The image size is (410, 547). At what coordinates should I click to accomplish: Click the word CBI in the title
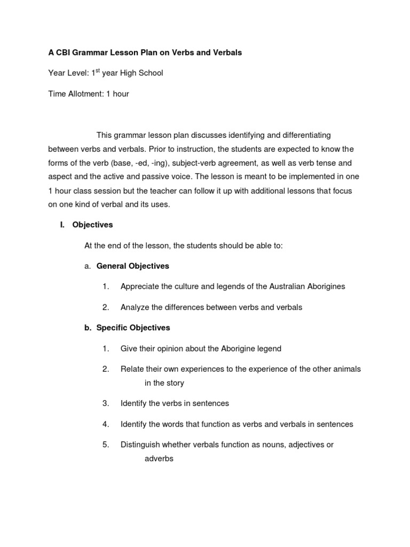click(65, 52)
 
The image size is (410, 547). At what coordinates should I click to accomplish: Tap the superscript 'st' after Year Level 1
click(97, 71)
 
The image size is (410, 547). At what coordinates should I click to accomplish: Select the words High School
click(144, 73)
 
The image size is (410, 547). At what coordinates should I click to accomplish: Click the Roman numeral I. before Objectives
click(62, 225)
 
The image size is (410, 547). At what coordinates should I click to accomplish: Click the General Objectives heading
click(132, 266)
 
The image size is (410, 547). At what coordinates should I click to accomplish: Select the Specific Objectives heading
click(133, 328)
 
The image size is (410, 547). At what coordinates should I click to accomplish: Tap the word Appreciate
click(139, 287)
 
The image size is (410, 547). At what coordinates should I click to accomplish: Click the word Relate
click(132, 369)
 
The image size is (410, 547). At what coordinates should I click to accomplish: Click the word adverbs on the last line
click(159, 459)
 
